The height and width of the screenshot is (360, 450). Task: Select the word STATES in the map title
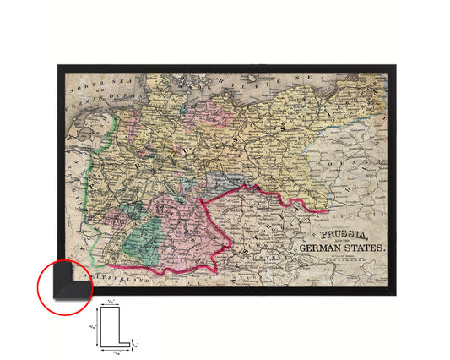point(361,248)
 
